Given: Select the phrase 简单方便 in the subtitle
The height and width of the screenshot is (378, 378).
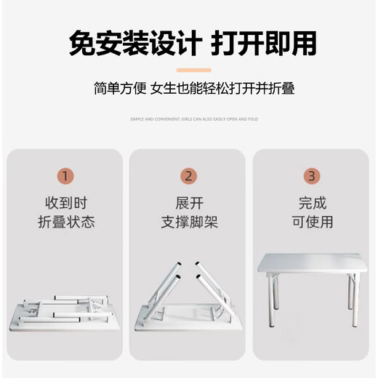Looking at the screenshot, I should click(x=120, y=89).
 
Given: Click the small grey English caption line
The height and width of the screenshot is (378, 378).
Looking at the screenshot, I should click(x=193, y=118).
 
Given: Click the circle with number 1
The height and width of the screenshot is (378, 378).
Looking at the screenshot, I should click(x=66, y=176).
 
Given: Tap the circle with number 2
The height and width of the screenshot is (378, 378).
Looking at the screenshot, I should click(x=188, y=176).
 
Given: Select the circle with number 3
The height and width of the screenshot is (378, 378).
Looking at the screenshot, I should click(x=311, y=176).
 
